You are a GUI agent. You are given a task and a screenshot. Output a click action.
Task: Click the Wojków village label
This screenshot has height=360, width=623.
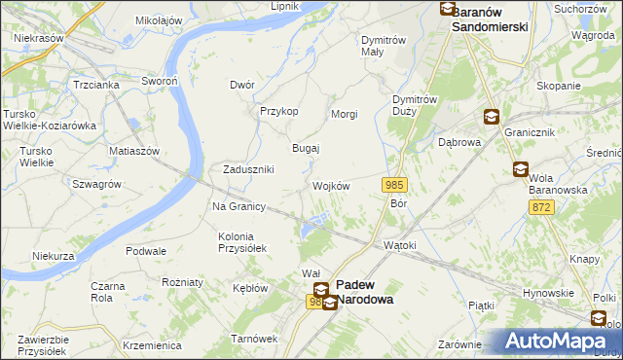tap(331, 186)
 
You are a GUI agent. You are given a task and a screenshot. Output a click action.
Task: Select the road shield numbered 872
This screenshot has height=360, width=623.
tap(542, 207)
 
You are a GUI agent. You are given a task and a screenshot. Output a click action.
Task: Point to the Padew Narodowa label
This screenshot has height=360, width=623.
tap(365, 293)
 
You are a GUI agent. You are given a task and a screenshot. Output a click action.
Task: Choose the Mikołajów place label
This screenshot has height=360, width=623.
tap(159, 20)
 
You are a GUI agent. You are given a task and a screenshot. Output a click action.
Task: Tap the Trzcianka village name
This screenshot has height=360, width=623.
tap(95, 85)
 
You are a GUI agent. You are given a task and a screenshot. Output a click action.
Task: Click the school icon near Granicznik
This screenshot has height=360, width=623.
tap(492, 117)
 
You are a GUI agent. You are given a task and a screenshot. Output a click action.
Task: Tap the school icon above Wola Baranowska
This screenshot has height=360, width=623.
tap(521, 170)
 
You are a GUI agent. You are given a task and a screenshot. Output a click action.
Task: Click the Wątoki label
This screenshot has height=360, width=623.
tap(400, 245)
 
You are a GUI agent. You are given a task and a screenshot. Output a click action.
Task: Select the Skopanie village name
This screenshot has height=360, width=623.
tap(558, 86)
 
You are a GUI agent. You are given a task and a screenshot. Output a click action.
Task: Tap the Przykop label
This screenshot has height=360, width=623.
tap(278, 111)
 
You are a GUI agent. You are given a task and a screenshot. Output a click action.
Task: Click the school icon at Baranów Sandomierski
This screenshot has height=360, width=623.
tap(447, 9)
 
